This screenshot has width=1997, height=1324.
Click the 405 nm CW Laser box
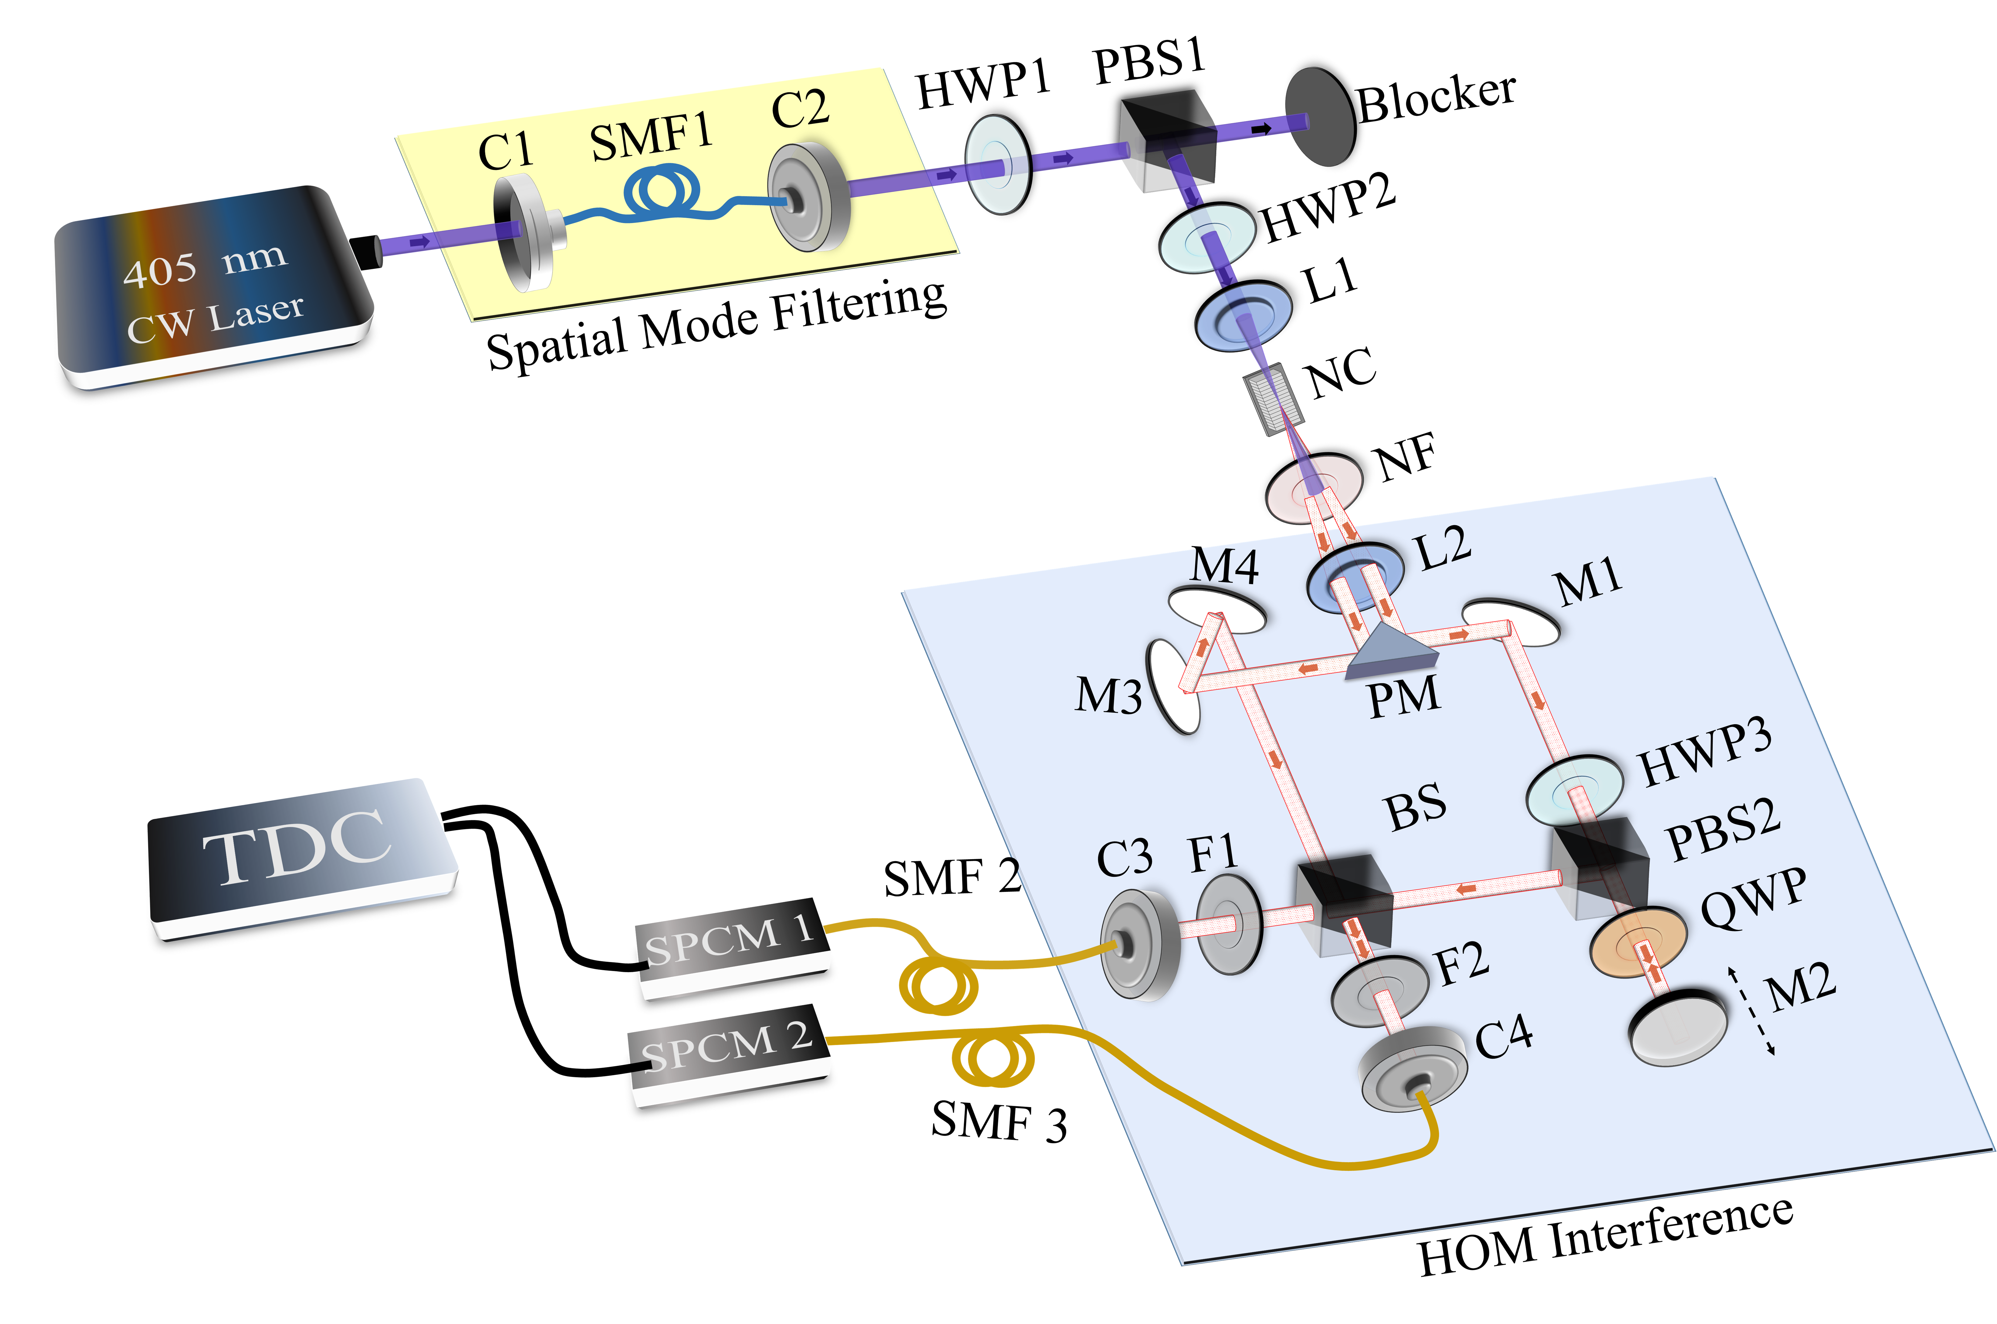211,287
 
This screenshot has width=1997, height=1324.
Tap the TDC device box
300,853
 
